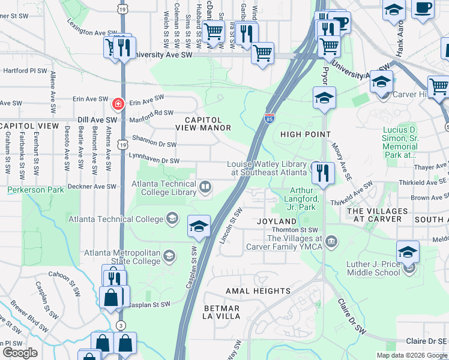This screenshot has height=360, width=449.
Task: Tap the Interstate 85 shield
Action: pos(270,118)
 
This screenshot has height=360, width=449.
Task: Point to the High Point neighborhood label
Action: pos(306,134)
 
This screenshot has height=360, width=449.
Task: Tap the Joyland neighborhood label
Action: pos(277,221)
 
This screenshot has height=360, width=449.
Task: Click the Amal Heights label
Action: pos(258,291)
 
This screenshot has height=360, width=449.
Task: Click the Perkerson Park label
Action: pos(35,190)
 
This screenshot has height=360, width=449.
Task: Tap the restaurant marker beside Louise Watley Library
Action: pos(323,173)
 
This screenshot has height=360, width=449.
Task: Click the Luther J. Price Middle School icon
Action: pos(410,267)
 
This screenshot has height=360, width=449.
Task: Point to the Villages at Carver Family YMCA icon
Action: pos(331,242)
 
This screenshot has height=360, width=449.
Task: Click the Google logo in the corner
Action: pos(20,353)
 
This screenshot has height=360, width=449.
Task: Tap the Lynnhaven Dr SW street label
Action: pos(154,161)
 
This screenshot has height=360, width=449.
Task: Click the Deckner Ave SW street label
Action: pos(92,187)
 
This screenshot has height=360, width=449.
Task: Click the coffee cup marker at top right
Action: pos(423,9)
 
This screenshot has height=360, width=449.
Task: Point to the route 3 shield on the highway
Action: pos(121,325)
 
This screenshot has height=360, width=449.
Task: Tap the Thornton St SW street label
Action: pos(296,230)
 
